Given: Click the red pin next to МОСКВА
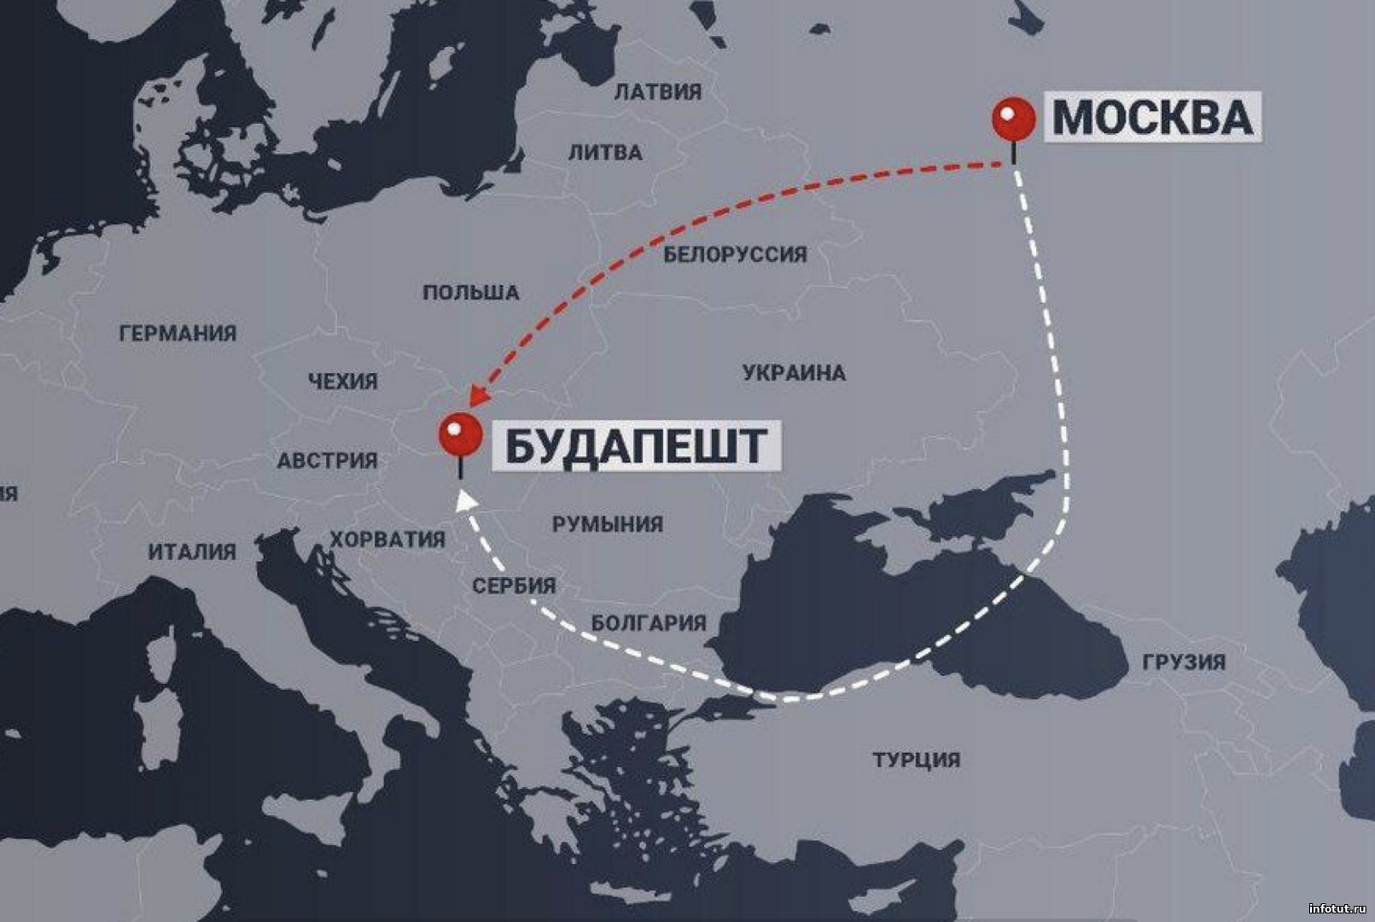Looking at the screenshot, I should coord(1013,119).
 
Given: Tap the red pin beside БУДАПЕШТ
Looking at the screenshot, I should coord(460,435).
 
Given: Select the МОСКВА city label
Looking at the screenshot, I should coord(1152,117).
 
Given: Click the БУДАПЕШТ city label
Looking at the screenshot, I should coord(636,446).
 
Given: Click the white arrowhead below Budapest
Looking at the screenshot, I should coord(465,501).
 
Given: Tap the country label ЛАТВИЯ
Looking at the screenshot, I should coord(657,91).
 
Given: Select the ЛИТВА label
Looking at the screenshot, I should coord(605,153).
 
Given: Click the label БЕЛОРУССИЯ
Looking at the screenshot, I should coord(735,254).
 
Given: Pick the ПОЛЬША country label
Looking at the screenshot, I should coord(471,293).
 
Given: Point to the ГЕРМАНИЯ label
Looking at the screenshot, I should coord(178,334).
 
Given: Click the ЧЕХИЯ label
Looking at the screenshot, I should coord(343,382).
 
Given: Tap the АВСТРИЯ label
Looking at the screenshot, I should coord(327,461).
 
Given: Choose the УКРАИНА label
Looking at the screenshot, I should coord(794,373).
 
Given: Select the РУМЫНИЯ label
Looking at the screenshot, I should coord(607,524).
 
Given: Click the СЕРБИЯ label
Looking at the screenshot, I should coord(514,586).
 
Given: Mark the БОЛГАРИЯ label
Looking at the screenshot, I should coord(649,623).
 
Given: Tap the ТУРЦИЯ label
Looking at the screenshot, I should coord(916,760).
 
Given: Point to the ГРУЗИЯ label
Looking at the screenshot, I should coord(1184,662).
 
